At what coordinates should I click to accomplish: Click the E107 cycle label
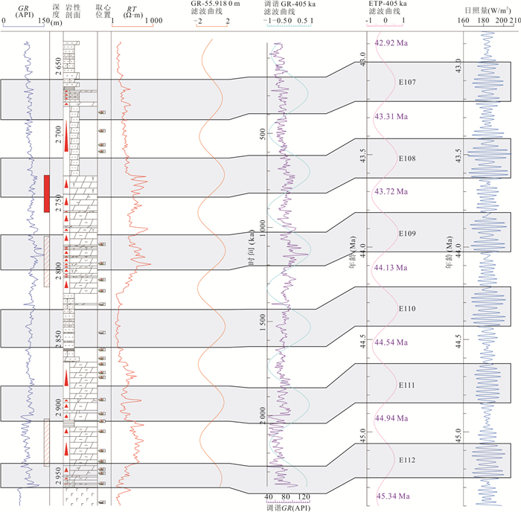point(406,83)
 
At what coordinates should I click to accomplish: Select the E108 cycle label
point(406,159)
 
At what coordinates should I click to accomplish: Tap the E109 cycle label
point(406,234)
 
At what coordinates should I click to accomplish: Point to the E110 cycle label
point(406,308)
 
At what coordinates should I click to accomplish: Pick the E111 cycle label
point(406,385)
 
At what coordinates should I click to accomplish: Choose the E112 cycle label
point(406,460)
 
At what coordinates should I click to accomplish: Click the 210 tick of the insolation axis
point(514,20)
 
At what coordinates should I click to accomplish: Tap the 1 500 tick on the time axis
point(263,319)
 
